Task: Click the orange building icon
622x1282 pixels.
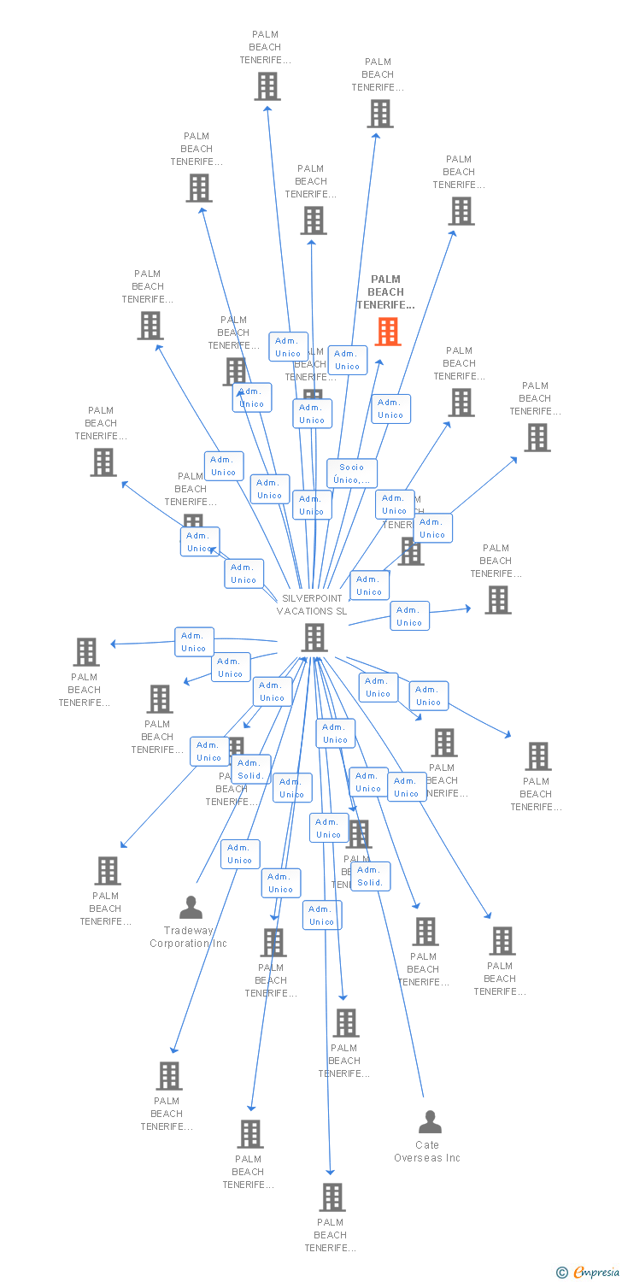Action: pyautogui.click(x=388, y=332)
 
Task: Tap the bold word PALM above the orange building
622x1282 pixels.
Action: pyautogui.click(x=386, y=279)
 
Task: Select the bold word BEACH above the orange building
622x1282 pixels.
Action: pyautogui.click(x=386, y=292)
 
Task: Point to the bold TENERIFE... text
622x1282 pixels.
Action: pyautogui.click(x=386, y=305)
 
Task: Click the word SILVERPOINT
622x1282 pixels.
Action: pyautogui.click(x=312, y=598)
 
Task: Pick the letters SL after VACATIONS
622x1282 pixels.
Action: pyautogui.click(x=342, y=611)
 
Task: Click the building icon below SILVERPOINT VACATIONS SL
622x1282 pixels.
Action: pyautogui.click(x=314, y=638)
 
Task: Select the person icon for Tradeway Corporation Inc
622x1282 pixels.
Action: pyautogui.click(x=191, y=907)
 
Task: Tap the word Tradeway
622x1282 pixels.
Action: pyautogui.click(x=189, y=931)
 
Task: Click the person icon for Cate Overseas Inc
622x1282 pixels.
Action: pyautogui.click(x=430, y=1121)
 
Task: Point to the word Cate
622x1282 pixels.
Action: pyautogui.click(x=427, y=1145)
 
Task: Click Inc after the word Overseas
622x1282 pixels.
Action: pyautogui.click(x=452, y=1158)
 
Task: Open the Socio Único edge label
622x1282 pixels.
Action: pyautogui.click(x=352, y=473)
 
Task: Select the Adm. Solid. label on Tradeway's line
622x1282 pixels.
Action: pyautogui.click(x=250, y=769)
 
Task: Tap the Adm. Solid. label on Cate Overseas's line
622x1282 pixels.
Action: pyautogui.click(x=370, y=876)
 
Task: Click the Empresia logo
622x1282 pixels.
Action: pyautogui.click(x=596, y=1273)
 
